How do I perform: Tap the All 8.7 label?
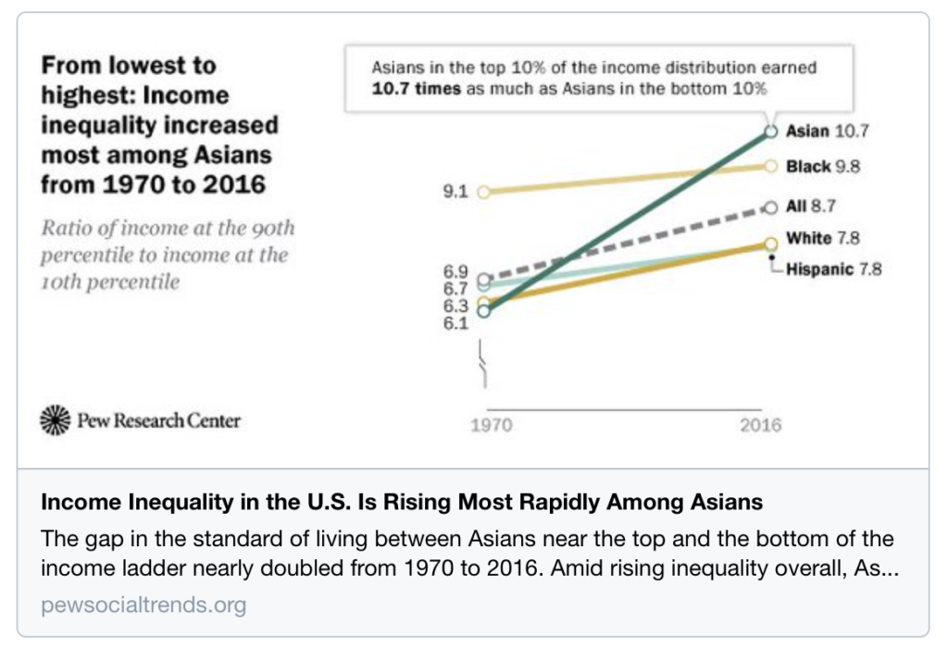[811, 206]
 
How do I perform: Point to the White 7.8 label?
[822, 238]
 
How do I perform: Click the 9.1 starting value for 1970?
[458, 193]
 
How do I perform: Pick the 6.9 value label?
[456, 271]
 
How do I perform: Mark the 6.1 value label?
[456, 323]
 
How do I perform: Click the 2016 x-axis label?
[760, 426]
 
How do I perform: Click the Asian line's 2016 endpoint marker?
[769, 131]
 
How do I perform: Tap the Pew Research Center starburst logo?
[56, 420]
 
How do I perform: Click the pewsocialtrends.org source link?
[143, 605]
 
